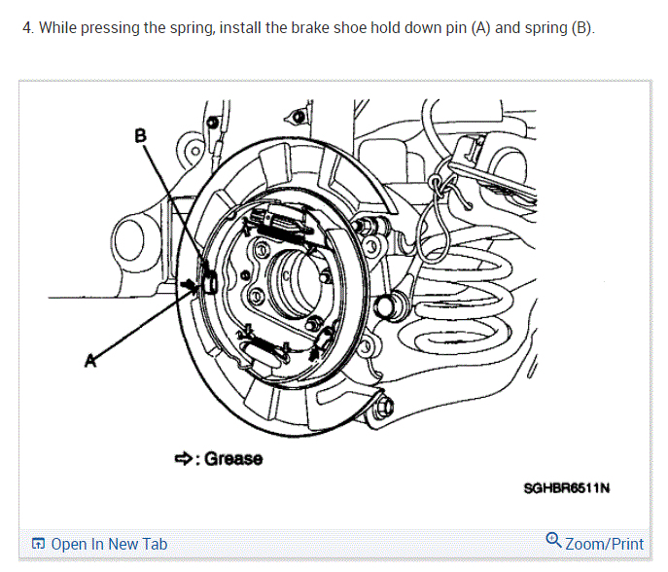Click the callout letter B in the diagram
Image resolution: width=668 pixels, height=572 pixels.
point(140,136)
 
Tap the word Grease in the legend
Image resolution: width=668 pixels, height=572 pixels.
point(233,458)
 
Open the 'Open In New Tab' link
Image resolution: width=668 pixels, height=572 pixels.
point(109,544)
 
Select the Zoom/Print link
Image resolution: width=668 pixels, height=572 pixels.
point(604,544)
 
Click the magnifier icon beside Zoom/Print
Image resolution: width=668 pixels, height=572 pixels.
point(553,541)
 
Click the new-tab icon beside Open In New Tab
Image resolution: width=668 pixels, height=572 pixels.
point(38,545)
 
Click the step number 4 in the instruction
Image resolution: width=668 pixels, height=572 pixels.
point(26,27)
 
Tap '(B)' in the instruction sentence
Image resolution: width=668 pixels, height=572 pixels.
point(580,27)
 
